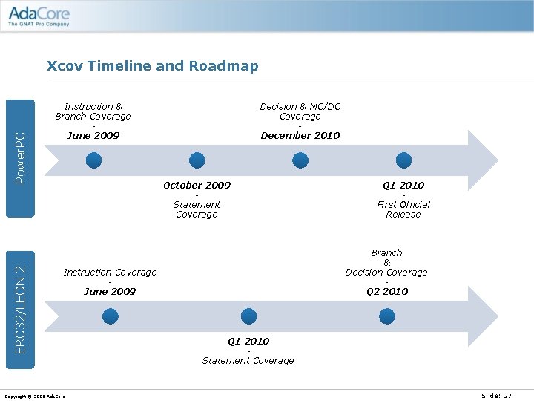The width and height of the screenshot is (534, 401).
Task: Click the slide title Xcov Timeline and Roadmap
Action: click(x=152, y=65)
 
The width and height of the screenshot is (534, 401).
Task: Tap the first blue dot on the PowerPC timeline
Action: click(x=93, y=160)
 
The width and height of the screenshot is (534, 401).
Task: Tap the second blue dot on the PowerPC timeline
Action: click(x=197, y=160)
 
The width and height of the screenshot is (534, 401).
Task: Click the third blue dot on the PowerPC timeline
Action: click(x=300, y=160)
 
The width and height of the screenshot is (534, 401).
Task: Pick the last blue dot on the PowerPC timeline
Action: click(x=403, y=160)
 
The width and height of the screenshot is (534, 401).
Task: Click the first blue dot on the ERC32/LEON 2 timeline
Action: click(x=110, y=316)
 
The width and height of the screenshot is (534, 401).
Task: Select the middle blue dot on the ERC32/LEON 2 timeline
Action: click(x=248, y=316)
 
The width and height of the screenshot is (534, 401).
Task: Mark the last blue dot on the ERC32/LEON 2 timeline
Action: click(x=387, y=316)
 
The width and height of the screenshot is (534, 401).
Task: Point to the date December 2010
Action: click(x=300, y=135)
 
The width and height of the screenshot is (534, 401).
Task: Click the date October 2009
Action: click(x=197, y=185)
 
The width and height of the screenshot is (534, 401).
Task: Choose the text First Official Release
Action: click(x=403, y=209)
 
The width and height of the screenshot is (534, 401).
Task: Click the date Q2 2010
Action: click(x=387, y=291)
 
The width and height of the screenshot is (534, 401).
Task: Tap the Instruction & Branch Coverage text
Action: click(x=93, y=111)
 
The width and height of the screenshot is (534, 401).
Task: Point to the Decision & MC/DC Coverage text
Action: click(x=300, y=111)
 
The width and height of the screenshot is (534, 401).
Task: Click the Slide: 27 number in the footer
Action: click(x=496, y=396)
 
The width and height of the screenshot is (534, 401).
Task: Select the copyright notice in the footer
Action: click(x=35, y=396)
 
